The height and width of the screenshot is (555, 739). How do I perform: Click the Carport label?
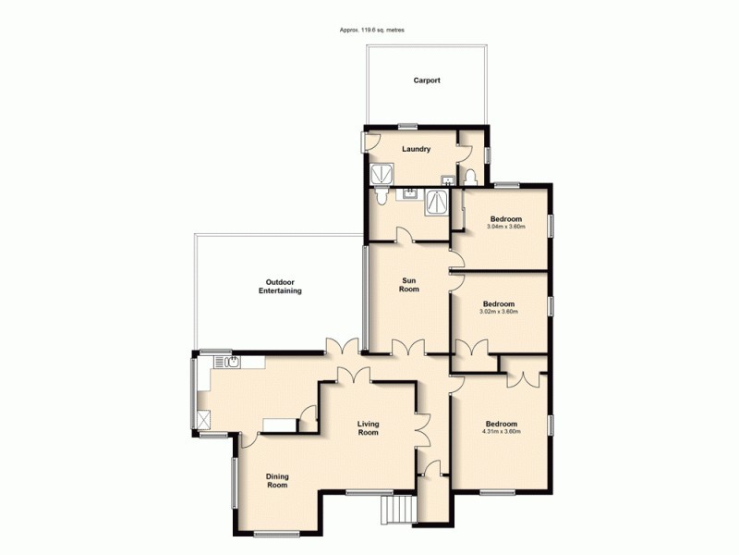pyautogui.click(x=426, y=80)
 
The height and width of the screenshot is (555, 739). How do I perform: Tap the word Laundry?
pyautogui.click(x=416, y=149)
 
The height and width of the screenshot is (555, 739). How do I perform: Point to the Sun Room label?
pyautogui.click(x=409, y=284)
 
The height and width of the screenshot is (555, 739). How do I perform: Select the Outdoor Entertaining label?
pyautogui.click(x=280, y=286)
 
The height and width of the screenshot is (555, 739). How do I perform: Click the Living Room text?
pyautogui.click(x=369, y=428)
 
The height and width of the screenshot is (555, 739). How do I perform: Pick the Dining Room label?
pyautogui.click(x=277, y=481)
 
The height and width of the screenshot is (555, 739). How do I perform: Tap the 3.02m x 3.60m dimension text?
pyautogui.click(x=499, y=312)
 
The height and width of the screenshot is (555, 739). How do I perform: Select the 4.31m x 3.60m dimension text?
pyautogui.click(x=500, y=432)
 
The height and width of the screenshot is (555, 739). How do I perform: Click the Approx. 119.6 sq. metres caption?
pyautogui.click(x=371, y=31)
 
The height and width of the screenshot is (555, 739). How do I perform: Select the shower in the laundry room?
pyautogui.click(x=380, y=176)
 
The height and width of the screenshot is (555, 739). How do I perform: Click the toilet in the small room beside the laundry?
pyautogui.click(x=471, y=176)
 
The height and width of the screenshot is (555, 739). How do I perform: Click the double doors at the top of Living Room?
pyautogui.click(x=353, y=375)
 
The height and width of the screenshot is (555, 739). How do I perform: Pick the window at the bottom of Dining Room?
pyautogui.click(x=276, y=534)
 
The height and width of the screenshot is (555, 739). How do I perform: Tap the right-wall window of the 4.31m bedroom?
pyautogui.click(x=551, y=425)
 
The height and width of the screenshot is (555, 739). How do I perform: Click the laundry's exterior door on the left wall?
pyautogui.click(x=365, y=142)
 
